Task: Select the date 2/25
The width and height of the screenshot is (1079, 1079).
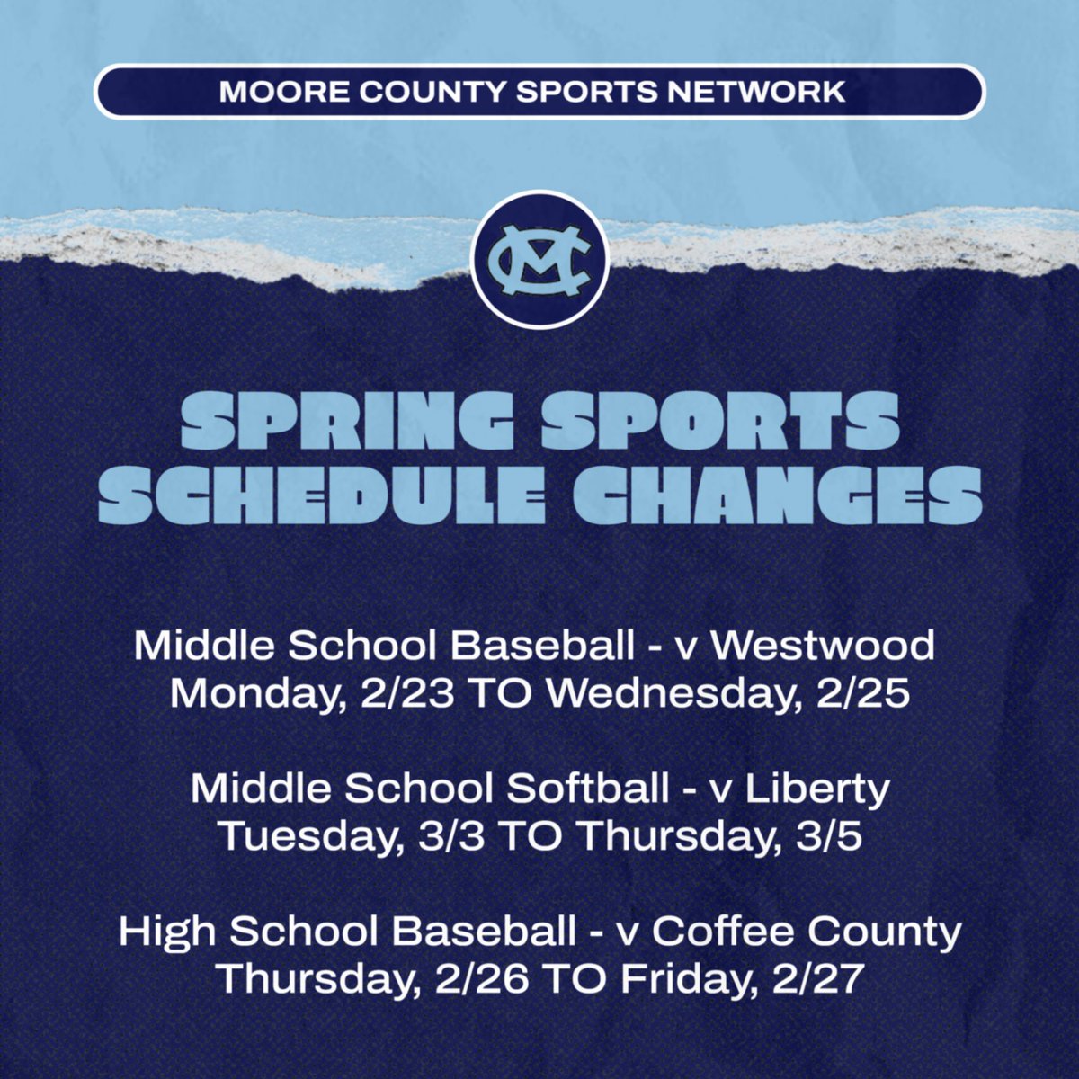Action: pyautogui.click(x=861, y=694)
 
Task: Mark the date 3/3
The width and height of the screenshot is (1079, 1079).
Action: pyautogui.click(x=449, y=836)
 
